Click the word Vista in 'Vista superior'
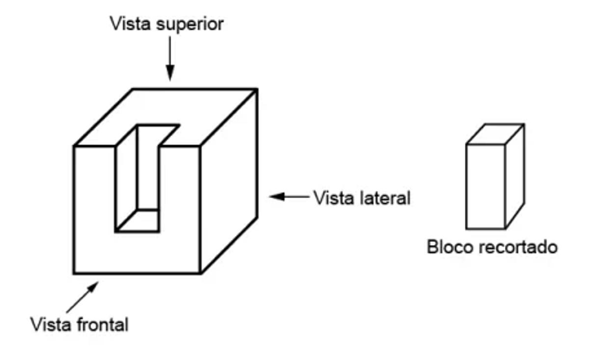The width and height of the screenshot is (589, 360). coord(130,24)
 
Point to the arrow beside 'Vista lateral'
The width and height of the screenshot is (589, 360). coord(289,197)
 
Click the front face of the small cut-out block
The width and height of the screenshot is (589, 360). coord(485,186)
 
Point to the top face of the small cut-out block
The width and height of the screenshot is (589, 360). coord(495,134)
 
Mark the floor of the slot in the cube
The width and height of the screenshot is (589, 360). coord(137,221)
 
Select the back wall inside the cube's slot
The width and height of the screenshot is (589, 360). coord(148,169)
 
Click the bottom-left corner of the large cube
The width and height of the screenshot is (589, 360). coord(74,273)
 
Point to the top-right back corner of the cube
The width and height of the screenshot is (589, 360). coord(257,89)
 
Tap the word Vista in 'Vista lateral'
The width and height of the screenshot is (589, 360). coord(329,198)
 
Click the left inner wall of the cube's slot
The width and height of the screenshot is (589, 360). coord(127,181)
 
